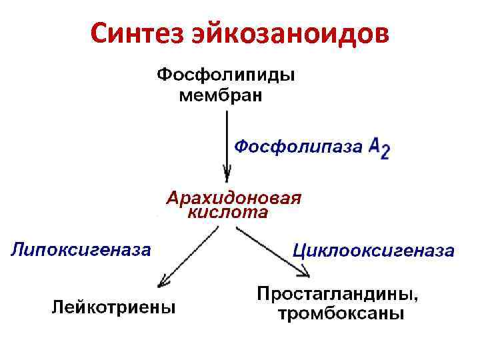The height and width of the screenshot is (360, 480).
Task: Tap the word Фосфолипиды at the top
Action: (x=227, y=75)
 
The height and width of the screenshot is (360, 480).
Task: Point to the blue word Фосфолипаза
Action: (x=298, y=146)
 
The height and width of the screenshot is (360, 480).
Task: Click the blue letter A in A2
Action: (x=375, y=145)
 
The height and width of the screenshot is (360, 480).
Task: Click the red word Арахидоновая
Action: (x=234, y=199)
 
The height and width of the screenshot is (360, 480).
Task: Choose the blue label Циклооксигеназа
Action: (x=374, y=251)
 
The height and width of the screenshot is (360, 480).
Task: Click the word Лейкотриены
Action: (x=115, y=308)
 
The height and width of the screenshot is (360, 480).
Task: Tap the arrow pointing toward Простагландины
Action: (x=273, y=251)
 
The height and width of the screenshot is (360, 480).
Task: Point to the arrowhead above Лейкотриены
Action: (x=161, y=280)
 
